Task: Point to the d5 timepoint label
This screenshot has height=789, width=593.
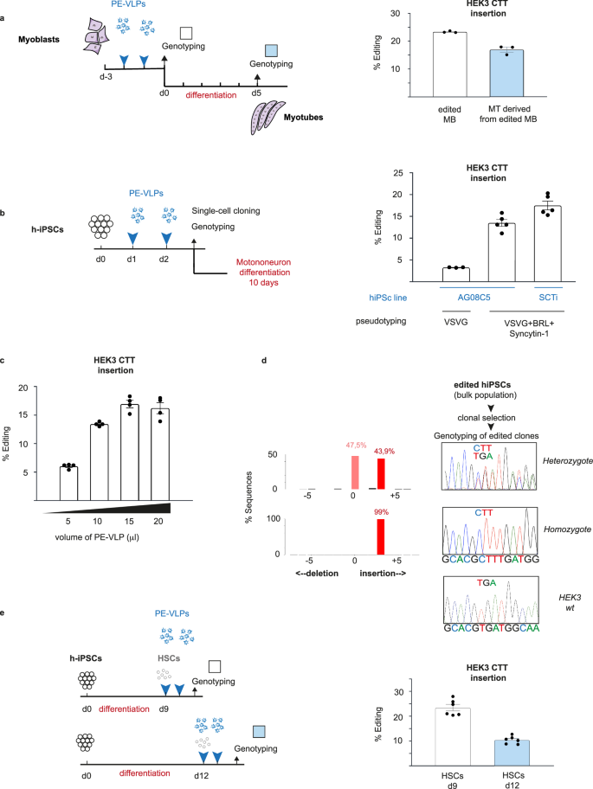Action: pos(255,93)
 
